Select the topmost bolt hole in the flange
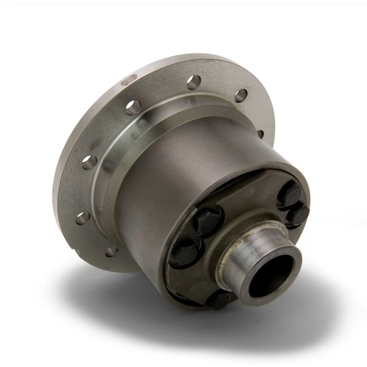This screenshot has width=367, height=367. tap(194, 82)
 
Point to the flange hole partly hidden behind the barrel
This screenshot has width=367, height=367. tap(260, 134)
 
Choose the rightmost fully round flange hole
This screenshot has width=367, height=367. tap(241, 95)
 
